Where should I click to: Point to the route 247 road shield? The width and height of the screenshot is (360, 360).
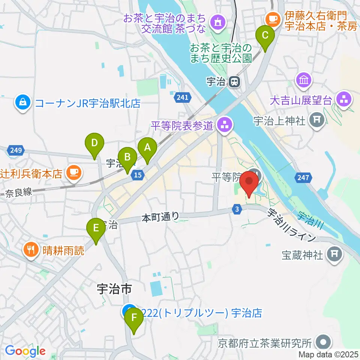point(303,178)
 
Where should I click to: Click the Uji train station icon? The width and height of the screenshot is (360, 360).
point(235,81)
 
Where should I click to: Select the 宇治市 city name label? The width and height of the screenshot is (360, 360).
point(114,289)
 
